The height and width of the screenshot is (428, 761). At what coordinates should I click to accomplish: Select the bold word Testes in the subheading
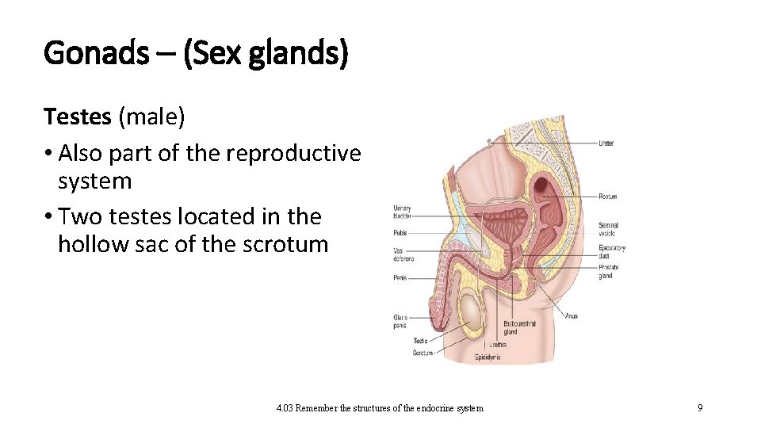tap(78, 117)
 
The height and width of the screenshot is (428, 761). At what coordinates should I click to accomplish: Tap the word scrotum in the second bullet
tap(289, 244)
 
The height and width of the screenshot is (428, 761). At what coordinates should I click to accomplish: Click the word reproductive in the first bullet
tap(293, 153)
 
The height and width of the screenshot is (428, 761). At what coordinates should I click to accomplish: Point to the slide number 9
tap(700, 408)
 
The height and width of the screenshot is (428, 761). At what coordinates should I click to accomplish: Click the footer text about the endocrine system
tap(379, 408)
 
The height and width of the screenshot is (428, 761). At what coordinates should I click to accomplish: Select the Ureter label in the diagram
tap(606, 143)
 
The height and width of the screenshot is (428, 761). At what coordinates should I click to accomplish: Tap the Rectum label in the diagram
tap(608, 196)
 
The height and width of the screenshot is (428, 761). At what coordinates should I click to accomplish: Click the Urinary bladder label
tap(402, 212)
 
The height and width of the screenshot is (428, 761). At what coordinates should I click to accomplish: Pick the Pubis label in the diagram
tap(400, 234)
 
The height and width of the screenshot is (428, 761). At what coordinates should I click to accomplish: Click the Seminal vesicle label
tap(609, 229)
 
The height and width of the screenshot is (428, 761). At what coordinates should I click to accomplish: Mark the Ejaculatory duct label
tap(612, 251)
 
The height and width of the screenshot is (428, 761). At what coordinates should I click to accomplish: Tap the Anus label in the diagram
tap(571, 315)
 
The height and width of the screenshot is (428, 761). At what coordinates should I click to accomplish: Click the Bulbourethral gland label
tap(521, 328)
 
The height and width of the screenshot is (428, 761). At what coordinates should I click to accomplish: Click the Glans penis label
tap(401, 321)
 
